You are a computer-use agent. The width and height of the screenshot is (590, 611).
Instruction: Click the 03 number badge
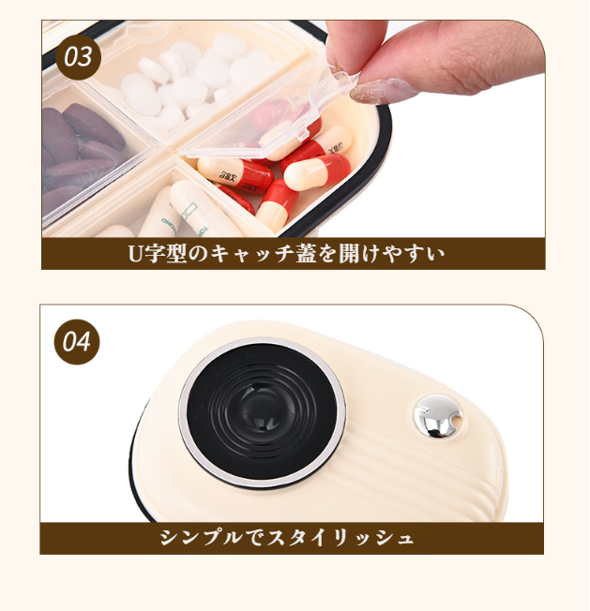pyautogui.click(x=78, y=57)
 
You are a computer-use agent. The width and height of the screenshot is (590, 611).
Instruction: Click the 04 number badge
pyautogui.click(x=76, y=342)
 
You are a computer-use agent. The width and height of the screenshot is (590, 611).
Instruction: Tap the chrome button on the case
pyautogui.click(x=438, y=416)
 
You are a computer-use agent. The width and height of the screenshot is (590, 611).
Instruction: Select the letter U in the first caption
pyautogui.click(x=135, y=254)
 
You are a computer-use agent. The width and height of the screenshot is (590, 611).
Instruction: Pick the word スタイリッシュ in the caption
pyautogui.click(x=340, y=538)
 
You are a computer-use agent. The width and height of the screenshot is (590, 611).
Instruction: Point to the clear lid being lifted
pyautogui.click(x=265, y=113)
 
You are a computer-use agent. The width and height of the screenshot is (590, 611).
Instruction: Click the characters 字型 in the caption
pyautogui.click(x=164, y=254)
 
